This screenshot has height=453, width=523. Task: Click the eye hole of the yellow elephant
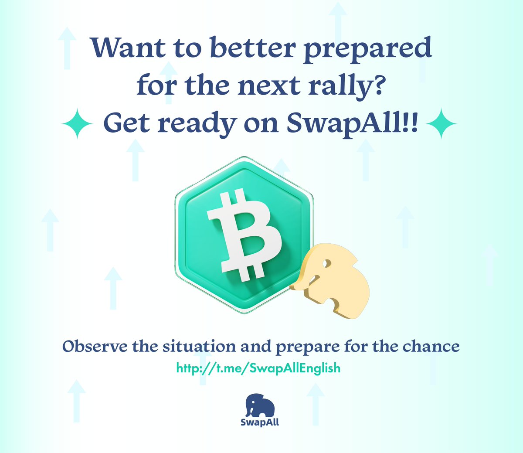[326, 264]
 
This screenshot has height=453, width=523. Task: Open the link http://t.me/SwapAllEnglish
[258, 368]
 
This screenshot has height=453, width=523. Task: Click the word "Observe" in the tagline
[95, 347]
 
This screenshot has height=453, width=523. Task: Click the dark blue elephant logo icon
[260, 405]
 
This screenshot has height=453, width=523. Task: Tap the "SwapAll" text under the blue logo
[260, 422]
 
